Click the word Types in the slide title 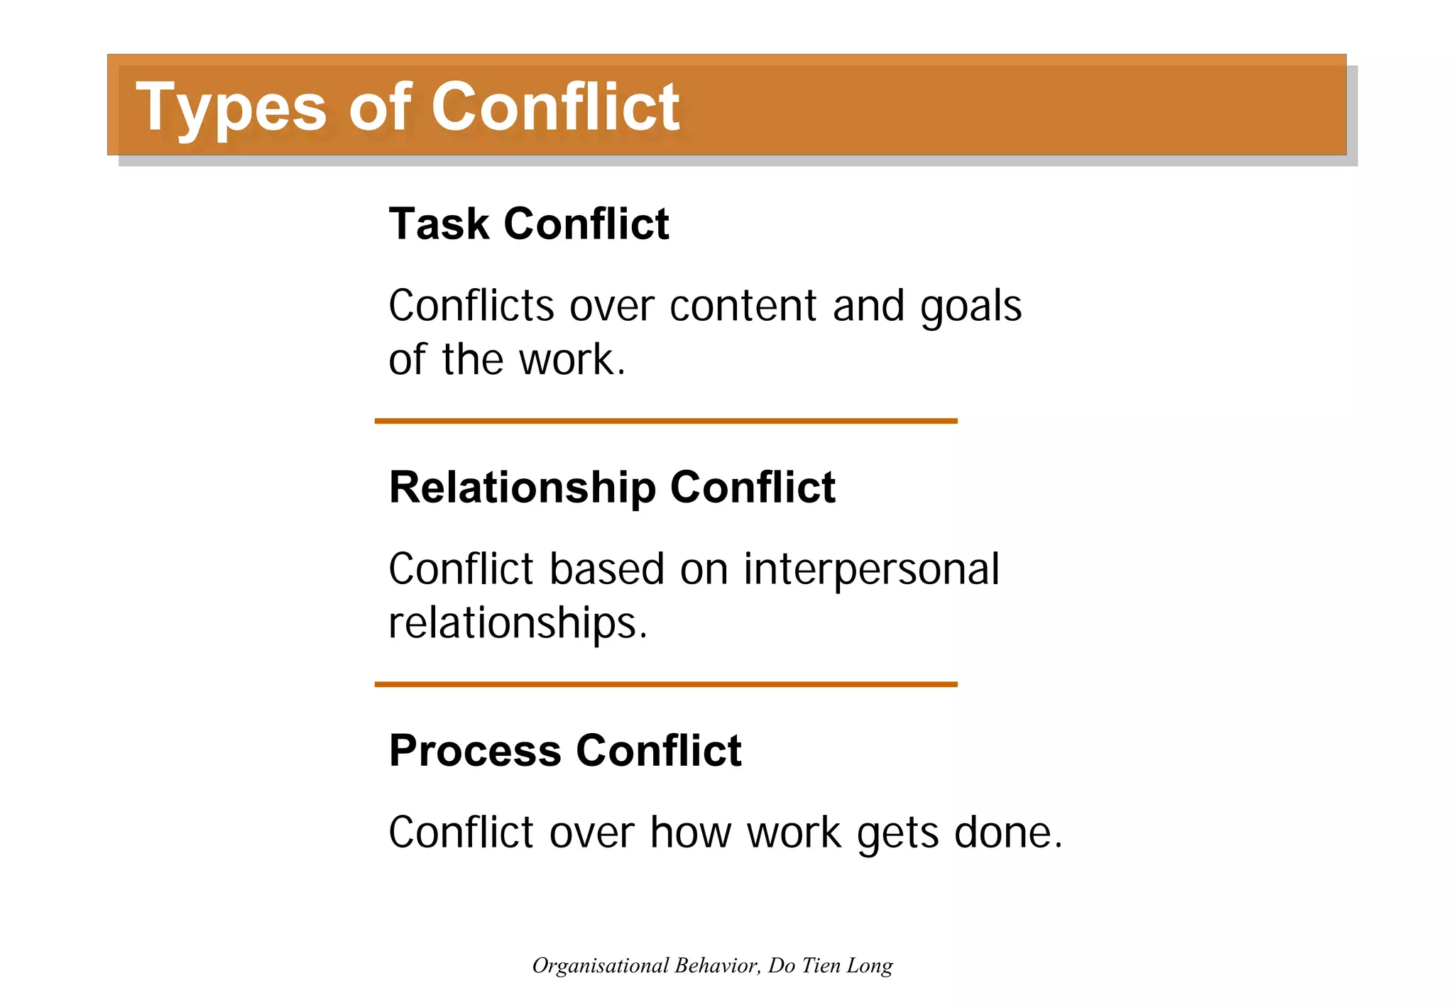(x=231, y=108)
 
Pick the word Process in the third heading (x=474, y=751)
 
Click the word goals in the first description (x=971, y=307)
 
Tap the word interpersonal (x=871, y=570)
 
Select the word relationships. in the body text (x=518, y=623)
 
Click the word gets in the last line (x=898, y=833)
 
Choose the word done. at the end (x=1008, y=833)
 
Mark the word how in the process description (x=691, y=833)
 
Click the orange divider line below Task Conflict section (x=666, y=421)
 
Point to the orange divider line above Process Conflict (x=666, y=684)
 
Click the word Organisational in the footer (x=601, y=965)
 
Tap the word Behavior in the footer (x=718, y=965)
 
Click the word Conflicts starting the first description (x=471, y=306)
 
